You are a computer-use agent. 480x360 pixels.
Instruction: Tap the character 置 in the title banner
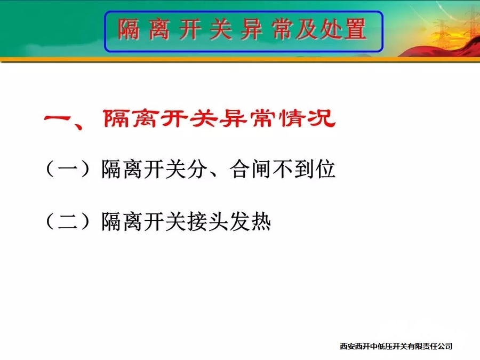coord(355,29)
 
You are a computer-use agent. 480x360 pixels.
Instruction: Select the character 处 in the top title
coord(331,29)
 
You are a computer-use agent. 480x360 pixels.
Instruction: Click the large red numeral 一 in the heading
coord(58,118)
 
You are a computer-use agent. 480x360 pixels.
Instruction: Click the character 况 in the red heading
coord(322,118)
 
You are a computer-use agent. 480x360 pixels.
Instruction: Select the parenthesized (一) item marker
coord(68,169)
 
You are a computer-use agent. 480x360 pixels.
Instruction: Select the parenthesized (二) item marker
coord(68,221)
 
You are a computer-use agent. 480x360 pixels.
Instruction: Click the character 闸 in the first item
coord(261,169)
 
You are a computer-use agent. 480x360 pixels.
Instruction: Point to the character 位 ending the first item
coord(325,169)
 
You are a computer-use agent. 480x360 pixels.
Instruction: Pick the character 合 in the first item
coord(239,169)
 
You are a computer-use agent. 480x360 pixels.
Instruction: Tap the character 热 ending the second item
coord(261,221)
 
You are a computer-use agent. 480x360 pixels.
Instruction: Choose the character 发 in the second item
coord(239,221)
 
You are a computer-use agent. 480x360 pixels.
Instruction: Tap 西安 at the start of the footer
coord(347,346)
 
